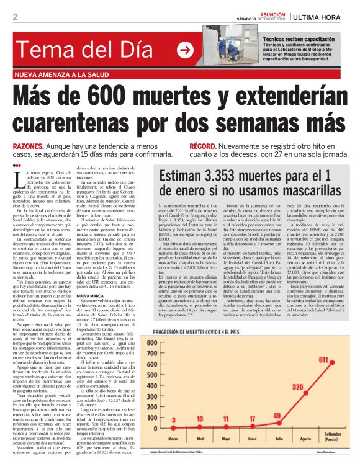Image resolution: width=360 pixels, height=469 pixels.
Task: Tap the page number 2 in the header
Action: (14, 17)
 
